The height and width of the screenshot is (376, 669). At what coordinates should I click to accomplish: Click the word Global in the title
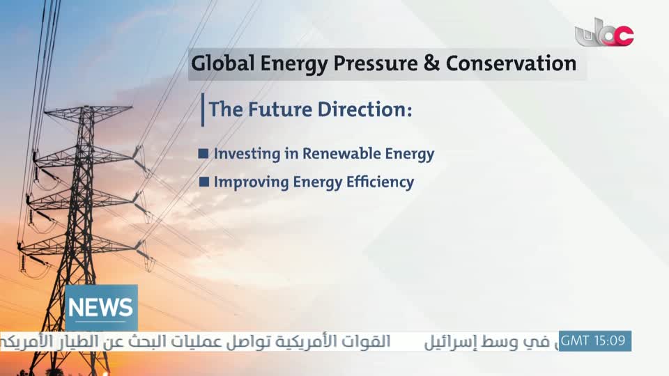tap(222, 63)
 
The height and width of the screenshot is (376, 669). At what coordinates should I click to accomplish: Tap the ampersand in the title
tap(431, 63)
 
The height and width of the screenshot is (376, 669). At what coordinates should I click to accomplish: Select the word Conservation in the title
tap(511, 63)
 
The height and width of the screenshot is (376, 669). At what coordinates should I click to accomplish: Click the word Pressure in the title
tap(376, 63)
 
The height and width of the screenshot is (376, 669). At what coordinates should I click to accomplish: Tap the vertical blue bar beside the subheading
tap(203, 110)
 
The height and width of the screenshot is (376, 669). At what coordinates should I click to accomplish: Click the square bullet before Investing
tap(203, 153)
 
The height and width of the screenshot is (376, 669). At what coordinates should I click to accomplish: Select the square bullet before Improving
tap(204, 182)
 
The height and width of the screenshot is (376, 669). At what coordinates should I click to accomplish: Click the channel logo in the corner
tap(604, 33)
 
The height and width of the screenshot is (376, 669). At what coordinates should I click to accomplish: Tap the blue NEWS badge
tap(101, 308)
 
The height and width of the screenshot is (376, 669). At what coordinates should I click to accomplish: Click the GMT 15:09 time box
tap(594, 341)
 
